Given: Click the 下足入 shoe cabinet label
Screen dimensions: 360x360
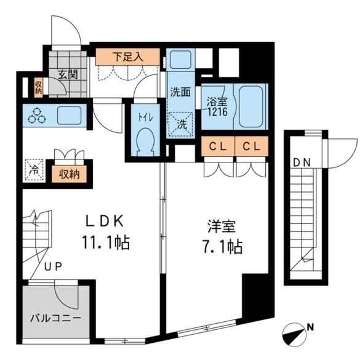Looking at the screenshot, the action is pos(128,57).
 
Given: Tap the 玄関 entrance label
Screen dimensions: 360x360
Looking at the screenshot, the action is pos(68,74).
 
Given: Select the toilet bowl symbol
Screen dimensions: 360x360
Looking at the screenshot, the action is pos(145,142).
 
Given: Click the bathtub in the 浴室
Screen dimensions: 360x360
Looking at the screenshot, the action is pos(250,106).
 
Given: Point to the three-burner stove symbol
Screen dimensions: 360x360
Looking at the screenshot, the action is pos(37,116).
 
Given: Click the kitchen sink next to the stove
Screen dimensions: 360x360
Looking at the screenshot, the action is pos(69,115).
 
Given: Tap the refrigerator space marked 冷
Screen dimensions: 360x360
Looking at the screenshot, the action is pos(34,170).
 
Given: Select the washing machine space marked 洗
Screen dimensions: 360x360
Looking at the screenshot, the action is pos(181,124).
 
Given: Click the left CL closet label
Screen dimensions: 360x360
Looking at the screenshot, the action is pos(218,146).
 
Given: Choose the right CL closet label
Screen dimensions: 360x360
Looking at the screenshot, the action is pos(252,146).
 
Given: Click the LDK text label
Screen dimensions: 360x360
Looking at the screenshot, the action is pos(105,222).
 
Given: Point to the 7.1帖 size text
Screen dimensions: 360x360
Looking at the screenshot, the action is pos(222,247).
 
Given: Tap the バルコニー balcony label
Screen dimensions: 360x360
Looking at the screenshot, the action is pos(56,318).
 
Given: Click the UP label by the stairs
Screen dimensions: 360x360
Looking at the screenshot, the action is pos(53,266).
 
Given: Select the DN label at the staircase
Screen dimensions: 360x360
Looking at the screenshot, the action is pos(302,163).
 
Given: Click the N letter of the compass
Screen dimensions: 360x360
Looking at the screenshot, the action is pos(310,327).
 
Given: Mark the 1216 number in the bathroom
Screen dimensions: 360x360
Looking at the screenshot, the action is pos(217,111).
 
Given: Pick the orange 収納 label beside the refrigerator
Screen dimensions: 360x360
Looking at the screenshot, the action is pos(69,175).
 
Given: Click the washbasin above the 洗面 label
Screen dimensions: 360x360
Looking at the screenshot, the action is pos(181,60).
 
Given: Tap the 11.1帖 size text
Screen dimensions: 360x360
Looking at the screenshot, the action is pos(106,242).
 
